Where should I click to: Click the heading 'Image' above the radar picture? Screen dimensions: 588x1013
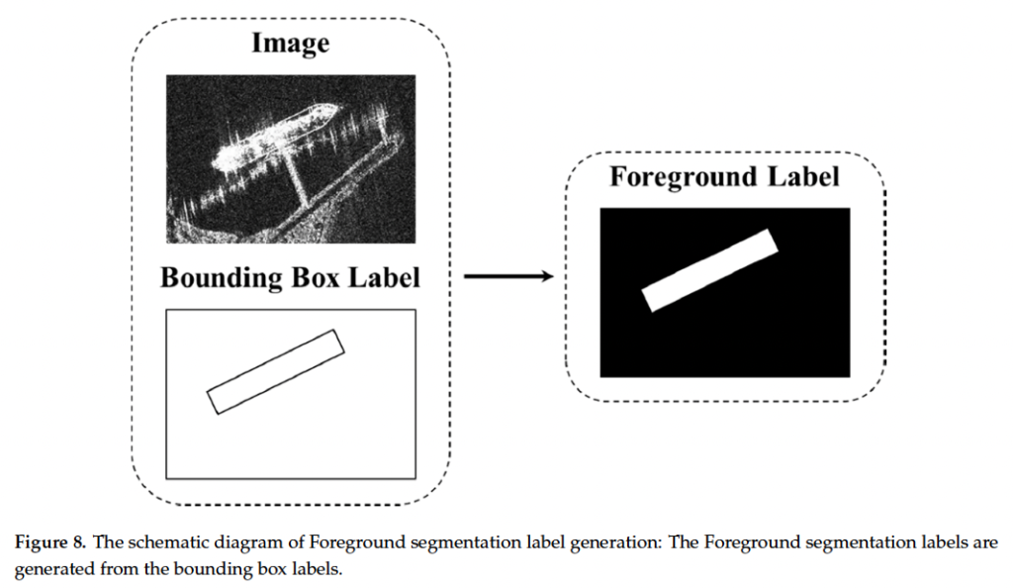290,44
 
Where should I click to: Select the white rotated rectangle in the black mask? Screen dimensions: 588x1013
709,270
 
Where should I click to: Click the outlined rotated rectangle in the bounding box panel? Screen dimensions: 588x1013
276,371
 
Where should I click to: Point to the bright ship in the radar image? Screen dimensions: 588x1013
267,139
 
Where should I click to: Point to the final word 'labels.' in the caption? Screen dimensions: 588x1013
315,570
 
